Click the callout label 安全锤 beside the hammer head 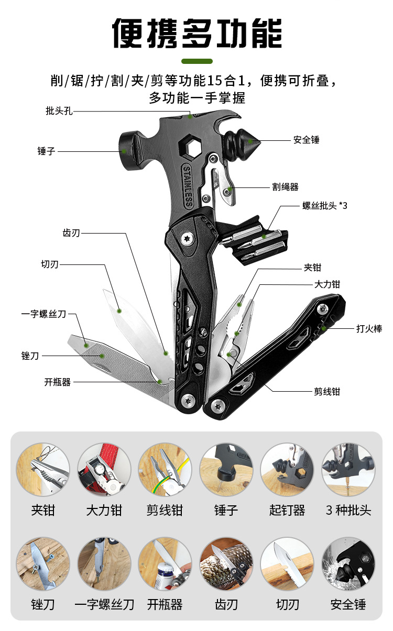pos(307,140)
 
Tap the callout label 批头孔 pos(59,111)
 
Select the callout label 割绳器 pos(286,187)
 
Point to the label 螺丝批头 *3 pos(325,206)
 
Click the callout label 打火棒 pos(369,329)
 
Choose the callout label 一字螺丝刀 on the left pos(44,314)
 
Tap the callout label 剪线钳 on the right pos(327,391)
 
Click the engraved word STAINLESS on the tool pos(188,186)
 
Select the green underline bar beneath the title pos(196,61)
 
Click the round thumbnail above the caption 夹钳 pos(43,470)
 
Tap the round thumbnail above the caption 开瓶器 pos(165,564)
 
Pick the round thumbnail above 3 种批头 pos(348,470)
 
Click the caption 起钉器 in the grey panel pos(287,510)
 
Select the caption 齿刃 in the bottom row pos(226,605)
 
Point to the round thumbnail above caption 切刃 pos(287,564)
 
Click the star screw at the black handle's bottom pos(187,401)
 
